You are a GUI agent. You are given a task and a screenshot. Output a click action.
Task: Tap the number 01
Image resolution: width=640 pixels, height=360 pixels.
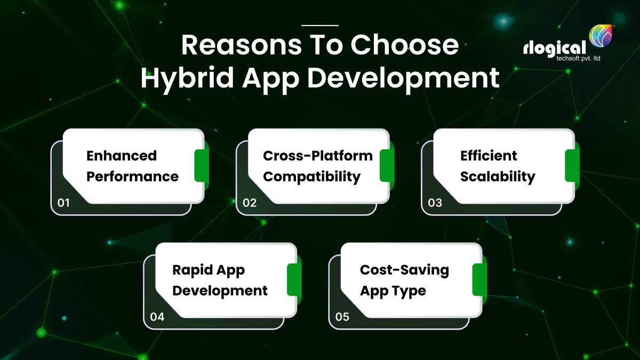64,203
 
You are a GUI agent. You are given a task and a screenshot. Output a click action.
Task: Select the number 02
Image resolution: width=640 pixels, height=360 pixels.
250,203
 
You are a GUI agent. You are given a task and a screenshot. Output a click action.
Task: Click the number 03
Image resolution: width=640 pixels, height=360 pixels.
435,203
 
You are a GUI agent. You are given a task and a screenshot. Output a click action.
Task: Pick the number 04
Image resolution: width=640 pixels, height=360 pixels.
157,317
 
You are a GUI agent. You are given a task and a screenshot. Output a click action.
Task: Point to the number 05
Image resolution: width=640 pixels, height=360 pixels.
342,317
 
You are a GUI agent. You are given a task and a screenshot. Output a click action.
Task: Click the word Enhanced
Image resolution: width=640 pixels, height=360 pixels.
122,156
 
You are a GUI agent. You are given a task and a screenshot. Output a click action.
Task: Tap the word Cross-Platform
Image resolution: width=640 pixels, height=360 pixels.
318,156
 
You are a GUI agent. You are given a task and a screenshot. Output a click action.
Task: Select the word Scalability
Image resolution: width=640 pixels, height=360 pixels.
498,177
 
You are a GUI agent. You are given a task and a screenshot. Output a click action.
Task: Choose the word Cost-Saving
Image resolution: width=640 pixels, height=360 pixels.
404,270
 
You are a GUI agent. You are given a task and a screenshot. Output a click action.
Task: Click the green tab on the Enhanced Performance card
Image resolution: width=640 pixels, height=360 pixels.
201,165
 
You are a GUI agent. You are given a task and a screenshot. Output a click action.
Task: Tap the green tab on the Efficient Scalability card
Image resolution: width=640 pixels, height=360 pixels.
572,165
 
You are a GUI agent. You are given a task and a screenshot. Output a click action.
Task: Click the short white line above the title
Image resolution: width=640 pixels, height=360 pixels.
320,25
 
